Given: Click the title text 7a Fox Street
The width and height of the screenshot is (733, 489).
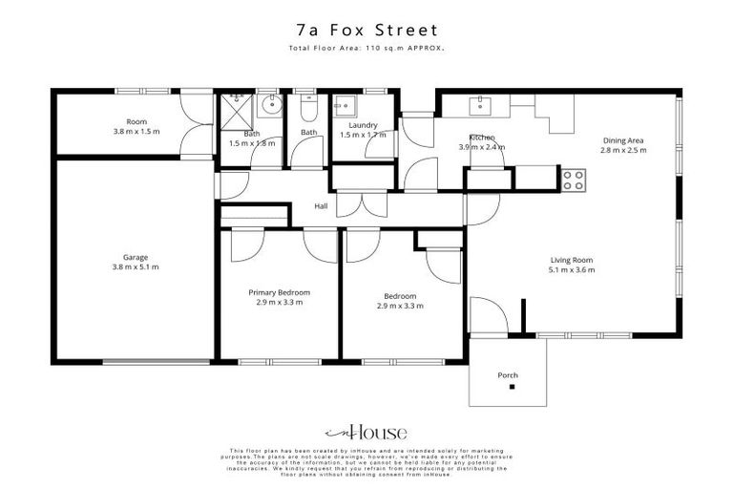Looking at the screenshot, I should [366, 31].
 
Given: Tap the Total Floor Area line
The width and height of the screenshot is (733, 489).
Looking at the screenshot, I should [366, 49].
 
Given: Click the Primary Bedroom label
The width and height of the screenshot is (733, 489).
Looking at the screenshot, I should [279, 292].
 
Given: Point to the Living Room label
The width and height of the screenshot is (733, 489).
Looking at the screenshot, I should [572, 260].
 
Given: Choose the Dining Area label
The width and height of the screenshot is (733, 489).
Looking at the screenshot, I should [622, 139].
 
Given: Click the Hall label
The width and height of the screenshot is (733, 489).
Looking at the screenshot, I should [323, 206].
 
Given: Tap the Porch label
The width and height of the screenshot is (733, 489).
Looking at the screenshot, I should [508, 375].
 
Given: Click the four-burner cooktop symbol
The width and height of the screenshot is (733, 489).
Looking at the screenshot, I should [573, 179].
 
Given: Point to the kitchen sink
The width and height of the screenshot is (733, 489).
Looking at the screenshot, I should [475, 102].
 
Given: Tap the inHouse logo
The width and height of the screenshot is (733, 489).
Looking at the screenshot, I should [366, 432].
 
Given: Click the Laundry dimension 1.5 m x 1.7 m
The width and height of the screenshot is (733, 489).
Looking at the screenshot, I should [363, 135].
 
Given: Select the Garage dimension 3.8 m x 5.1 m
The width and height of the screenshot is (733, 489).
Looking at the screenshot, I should [135, 266].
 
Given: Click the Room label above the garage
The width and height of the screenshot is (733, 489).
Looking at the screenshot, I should [136, 121].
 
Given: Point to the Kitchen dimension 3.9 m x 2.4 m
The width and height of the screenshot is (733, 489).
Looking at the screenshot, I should [481, 147].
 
